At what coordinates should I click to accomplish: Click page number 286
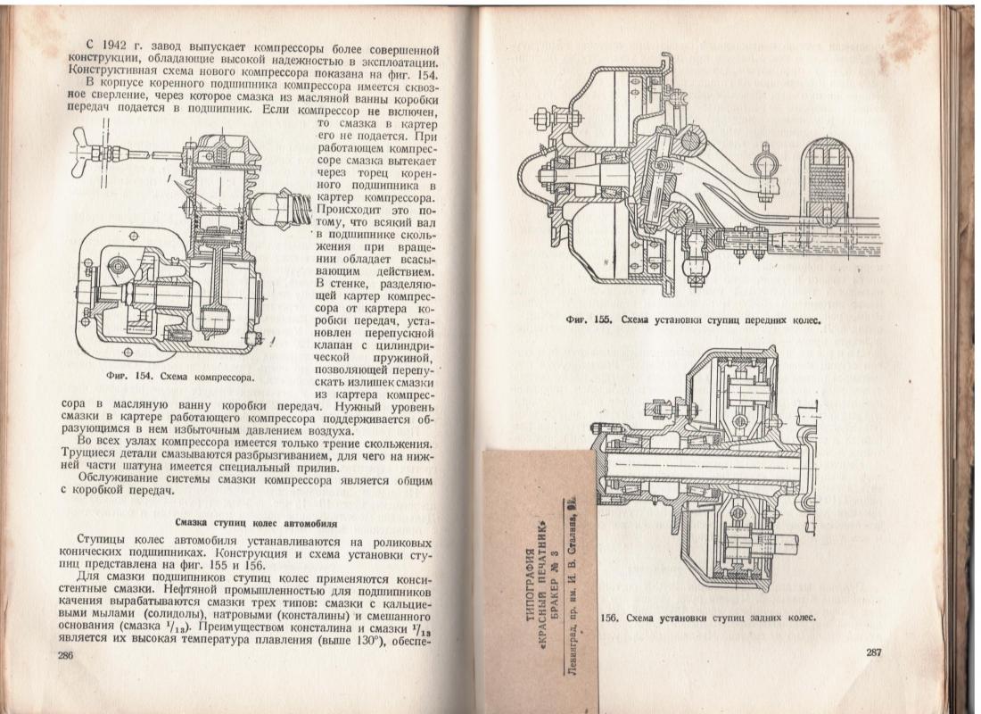66,656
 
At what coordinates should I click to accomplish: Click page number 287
874,652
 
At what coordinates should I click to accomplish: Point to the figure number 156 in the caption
609,618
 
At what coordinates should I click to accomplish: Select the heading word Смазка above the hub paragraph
194,523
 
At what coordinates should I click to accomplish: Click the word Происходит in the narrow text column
348,210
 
